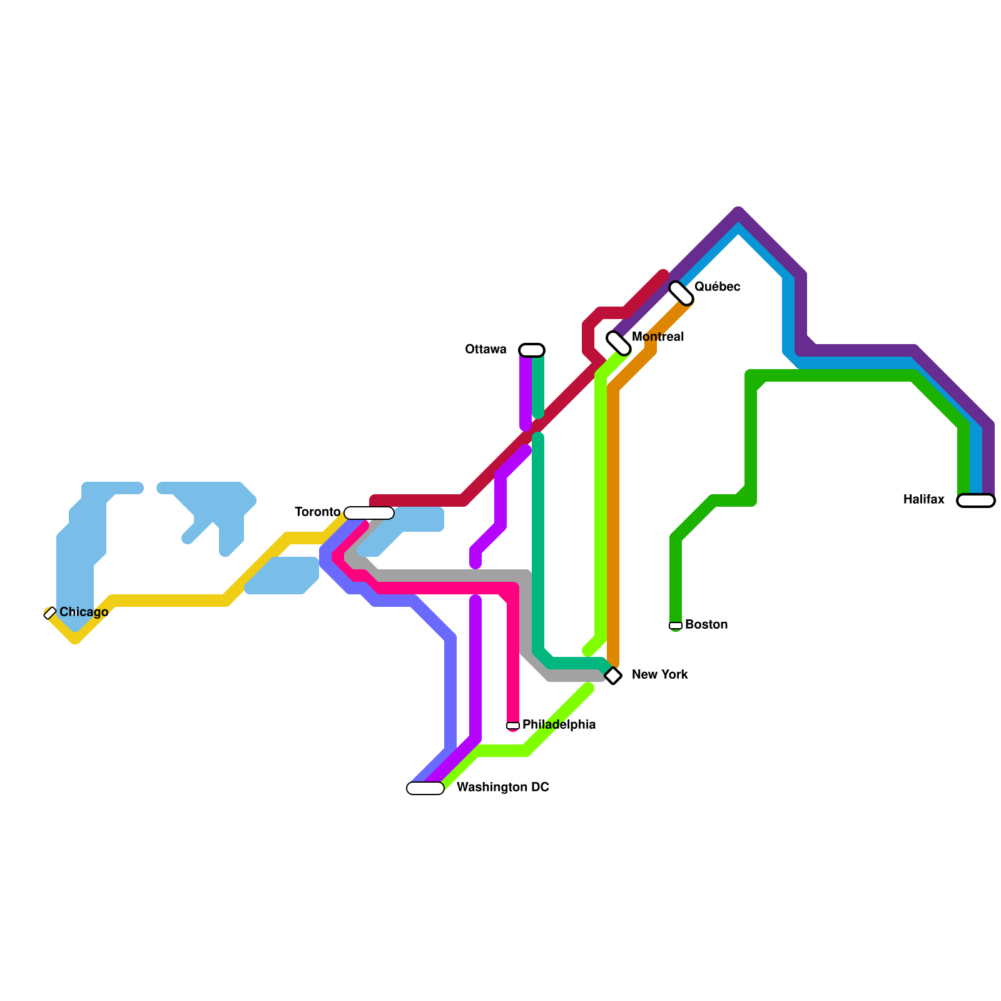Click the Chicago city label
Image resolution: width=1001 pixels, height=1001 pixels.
pyautogui.click(x=84, y=612)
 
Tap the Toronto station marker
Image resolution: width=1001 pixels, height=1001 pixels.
pyautogui.click(x=369, y=513)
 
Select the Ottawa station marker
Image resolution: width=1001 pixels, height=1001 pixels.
pyautogui.click(x=532, y=350)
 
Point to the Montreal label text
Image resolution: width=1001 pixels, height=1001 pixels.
pyautogui.click(x=658, y=337)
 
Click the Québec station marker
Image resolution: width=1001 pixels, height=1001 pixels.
pyautogui.click(x=681, y=293)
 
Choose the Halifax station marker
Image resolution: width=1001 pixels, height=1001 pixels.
pyautogui.click(x=975, y=500)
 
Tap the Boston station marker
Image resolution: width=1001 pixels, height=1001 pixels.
pyautogui.click(x=676, y=625)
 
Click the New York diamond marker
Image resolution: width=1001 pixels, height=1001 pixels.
pyautogui.click(x=613, y=676)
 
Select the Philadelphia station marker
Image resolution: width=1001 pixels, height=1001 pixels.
pyautogui.click(x=513, y=726)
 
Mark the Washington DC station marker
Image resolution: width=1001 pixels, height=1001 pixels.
pyautogui.click(x=425, y=788)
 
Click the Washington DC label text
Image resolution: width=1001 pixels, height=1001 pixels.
pyautogui.click(x=502, y=788)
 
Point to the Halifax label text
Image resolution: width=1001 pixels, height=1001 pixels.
pyautogui.click(x=924, y=500)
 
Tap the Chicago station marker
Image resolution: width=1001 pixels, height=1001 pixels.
pyautogui.click(x=50, y=613)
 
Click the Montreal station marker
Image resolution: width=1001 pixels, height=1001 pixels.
pyautogui.click(x=618, y=343)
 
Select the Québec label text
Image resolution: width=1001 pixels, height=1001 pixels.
pyautogui.click(x=717, y=287)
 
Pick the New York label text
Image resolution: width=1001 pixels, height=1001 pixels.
pyautogui.click(x=659, y=675)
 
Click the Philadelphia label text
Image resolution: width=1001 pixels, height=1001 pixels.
pyautogui.click(x=559, y=725)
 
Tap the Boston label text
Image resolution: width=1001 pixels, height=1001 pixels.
pyautogui.click(x=706, y=625)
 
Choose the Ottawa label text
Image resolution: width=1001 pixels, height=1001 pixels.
pyautogui.click(x=485, y=350)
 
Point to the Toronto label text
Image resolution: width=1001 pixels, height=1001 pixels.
pyautogui.click(x=318, y=512)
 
